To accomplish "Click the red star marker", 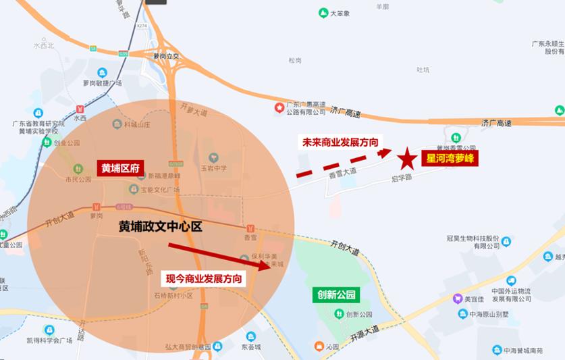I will coord(406,159).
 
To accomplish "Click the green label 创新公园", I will coord(335,294).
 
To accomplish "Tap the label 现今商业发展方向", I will coord(205,278).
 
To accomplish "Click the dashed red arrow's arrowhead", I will coord(386,153).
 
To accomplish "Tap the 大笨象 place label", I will coord(340,13).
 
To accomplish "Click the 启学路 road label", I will coord(401,178).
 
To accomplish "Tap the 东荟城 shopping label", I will coord(250,348).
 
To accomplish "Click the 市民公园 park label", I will coord(78,179).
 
